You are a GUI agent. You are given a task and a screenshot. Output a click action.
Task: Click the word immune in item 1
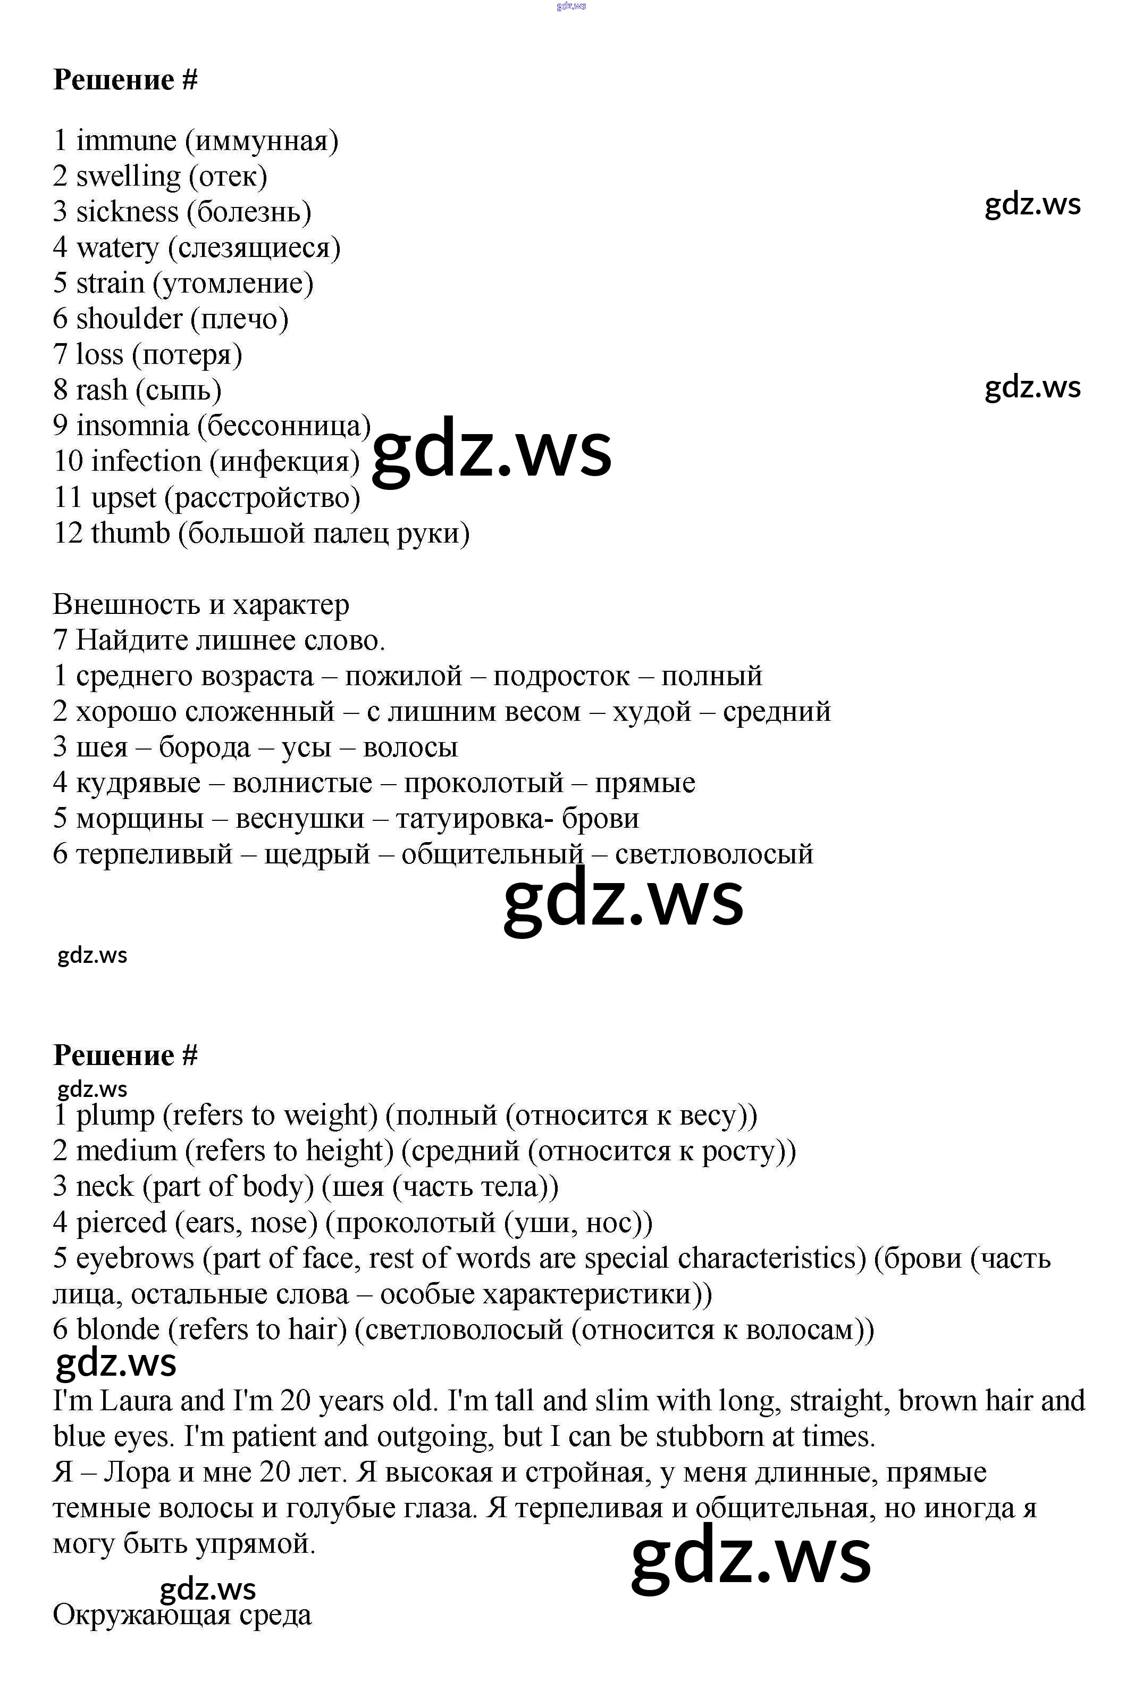pyautogui.click(x=126, y=141)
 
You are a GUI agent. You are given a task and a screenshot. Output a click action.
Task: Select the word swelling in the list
pyautogui.click(x=128, y=177)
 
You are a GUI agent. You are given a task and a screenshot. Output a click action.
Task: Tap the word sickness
pyautogui.click(x=127, y=212)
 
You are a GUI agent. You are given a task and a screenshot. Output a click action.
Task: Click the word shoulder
pyautogui.click(x=129, y=319)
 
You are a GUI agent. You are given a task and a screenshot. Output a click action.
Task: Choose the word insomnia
pyautogui.click(x=132, y=426)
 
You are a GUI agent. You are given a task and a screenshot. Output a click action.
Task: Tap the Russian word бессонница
pyautogui.click(x=289, y=426)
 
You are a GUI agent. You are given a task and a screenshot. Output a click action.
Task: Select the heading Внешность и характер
pyautogui.click(x=200, y=604)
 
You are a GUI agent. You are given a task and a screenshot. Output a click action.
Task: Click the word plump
pyautogui.click(x=115, y=1116)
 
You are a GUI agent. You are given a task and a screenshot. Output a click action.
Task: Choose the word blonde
pyautogui.click(x=117, y=1329)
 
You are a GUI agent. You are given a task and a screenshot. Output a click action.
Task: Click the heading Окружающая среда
pyautogui.click(x=182, y=1615)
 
